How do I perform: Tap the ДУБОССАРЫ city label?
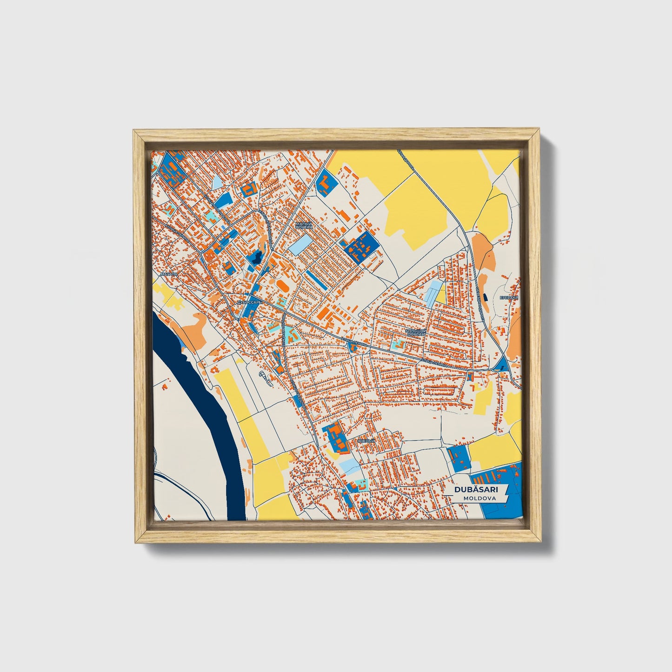point(250,302)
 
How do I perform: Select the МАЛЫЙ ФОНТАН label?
point(304,225)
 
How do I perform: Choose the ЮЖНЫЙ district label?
point(366,440)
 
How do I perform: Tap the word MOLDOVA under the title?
point(479,498)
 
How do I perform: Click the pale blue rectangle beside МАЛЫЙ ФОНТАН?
point(301,244)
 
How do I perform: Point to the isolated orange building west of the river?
point(165,386)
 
